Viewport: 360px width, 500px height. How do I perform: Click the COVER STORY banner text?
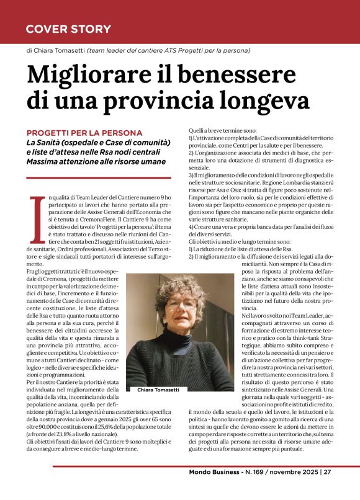(x=68, y=29)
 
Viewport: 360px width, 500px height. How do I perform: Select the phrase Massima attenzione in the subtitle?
(x=65, y=161)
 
